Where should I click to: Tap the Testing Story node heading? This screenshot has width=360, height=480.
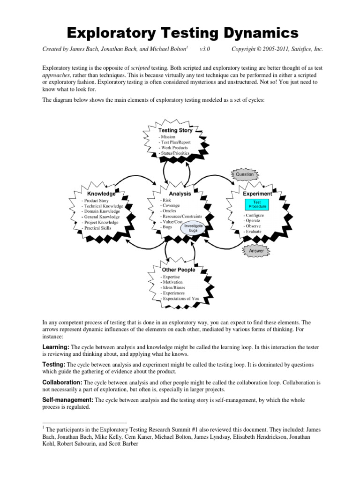tap(175, 130)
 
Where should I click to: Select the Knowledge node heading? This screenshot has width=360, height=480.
tap(101, 194)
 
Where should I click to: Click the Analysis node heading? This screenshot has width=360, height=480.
tap(180, 194)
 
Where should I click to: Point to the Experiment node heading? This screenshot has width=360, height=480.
tap(257, 194)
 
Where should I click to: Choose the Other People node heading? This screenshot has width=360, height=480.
tap(179, 270)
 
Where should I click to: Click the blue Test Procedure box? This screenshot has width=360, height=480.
tap(257, 204)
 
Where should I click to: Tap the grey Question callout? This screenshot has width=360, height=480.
tap(244, 174)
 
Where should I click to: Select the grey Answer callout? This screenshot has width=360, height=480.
tap(256, 251)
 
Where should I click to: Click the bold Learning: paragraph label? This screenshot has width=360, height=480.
tap(56, 346)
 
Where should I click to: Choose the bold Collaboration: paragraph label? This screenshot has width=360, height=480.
tap(62, 382)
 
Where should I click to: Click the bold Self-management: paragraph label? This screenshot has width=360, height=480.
tap(68, 400)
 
